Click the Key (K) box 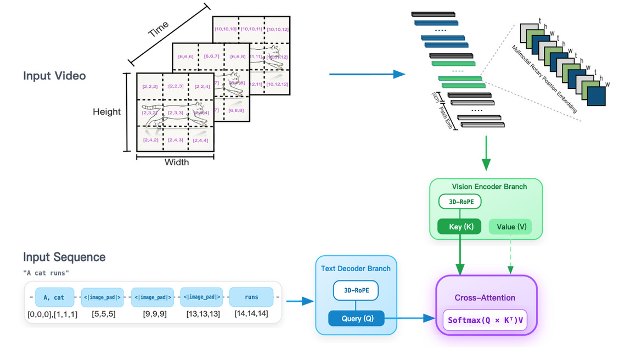459,227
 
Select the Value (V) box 510,227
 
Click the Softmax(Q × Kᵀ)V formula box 485,320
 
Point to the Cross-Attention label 485,298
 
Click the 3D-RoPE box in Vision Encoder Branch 460,202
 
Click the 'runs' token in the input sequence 251,297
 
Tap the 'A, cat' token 54,297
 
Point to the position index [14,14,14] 251,314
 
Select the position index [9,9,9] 153,314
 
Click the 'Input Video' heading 54,76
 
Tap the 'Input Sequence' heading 64,257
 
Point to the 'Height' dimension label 106,112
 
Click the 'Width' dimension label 176,162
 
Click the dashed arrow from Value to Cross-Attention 510,255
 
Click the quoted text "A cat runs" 46,273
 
